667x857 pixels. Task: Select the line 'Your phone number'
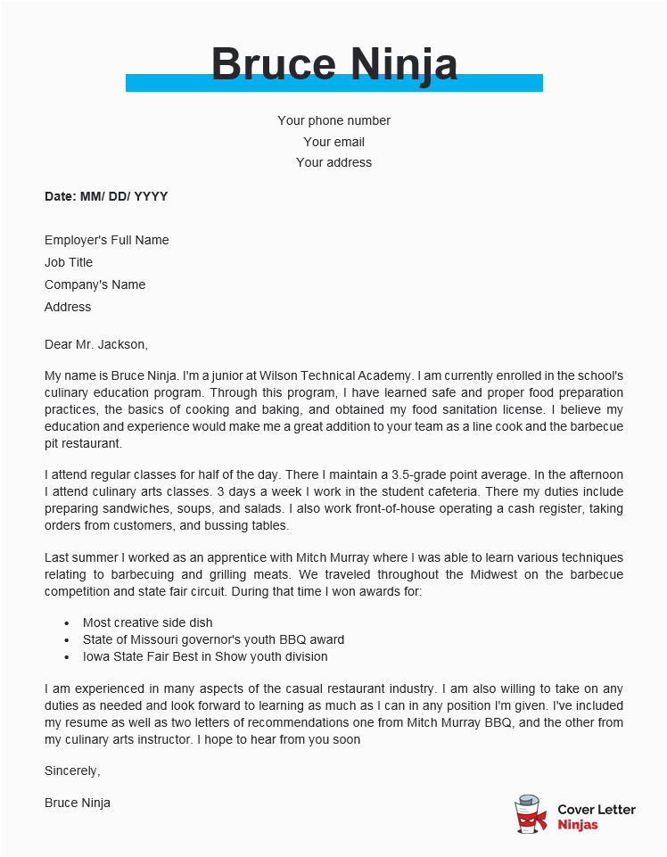pyautogui.click(x=333, y=120)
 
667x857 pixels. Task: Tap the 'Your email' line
pyautogui.click(x=333, y=142)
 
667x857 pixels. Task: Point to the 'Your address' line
pyautogui.click(x=333, y=162)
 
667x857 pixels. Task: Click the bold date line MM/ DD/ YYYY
pyautogui.click(x=106, y=196)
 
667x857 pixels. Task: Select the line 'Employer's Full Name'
pyautogui.click(x=106, y=240)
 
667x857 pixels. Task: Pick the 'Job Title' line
pyautogui.click(x=69, y=262)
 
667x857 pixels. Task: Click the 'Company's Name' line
pyautogui.click(x=95, y=284)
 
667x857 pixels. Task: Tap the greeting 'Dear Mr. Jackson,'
pyautogui.click(x=96, y=343)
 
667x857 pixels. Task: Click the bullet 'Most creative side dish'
pyautogui.click(x=147, y=622)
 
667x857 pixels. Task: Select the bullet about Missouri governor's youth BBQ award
pyautogui.click(x=213, y=639)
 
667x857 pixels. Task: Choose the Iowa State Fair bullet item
pyautogui.click(x=205, y=656)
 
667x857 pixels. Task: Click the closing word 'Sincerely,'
pyautogui.click(x=72, y=770)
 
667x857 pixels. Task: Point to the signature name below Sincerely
pyautogui.click(x=78, y=803)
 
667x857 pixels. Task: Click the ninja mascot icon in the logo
pyautogui.click(x=531, y=815)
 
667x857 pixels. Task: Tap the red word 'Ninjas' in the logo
pyautogui.click(x=578, y=825)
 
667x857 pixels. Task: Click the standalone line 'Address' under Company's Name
pyautogui.click(x=68, y=307)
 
